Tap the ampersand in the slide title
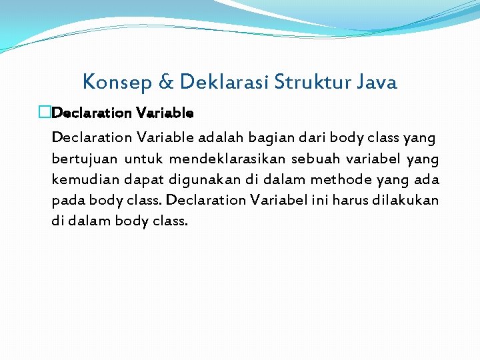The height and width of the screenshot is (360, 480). pos(165,83)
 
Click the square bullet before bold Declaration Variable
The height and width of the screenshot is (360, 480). pos(45,113)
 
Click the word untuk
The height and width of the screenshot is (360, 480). pos(143,159)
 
